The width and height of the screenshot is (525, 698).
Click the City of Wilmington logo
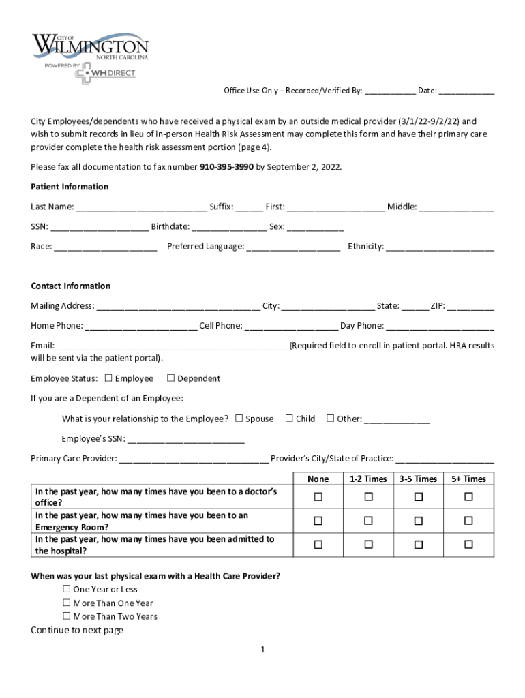tap(90, 47)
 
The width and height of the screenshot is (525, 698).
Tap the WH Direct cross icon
tap(82, 74)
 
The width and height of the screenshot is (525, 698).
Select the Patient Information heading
tap(70, 187)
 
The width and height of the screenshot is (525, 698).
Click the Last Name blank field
tap(141, 207)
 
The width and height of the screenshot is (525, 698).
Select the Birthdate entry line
tap(229, 227)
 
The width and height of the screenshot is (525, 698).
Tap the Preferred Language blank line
tap(293, 247)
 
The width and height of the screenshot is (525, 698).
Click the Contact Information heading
tap(70, 286)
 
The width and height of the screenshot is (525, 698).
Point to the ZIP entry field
tap(471, 306)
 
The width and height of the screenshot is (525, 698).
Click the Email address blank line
tap(171, 346)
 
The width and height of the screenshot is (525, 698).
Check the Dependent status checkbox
tap(170, 378)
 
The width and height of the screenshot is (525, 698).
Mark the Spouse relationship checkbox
tap(239, 419)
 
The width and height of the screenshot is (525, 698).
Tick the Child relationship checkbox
tap(289, 419)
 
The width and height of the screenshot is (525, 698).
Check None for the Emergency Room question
tap(318, 521)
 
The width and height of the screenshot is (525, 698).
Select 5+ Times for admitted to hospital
tap(468, 544)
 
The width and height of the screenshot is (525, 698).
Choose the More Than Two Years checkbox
tap(67, 616)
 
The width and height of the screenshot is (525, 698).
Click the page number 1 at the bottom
tap(262, 650)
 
